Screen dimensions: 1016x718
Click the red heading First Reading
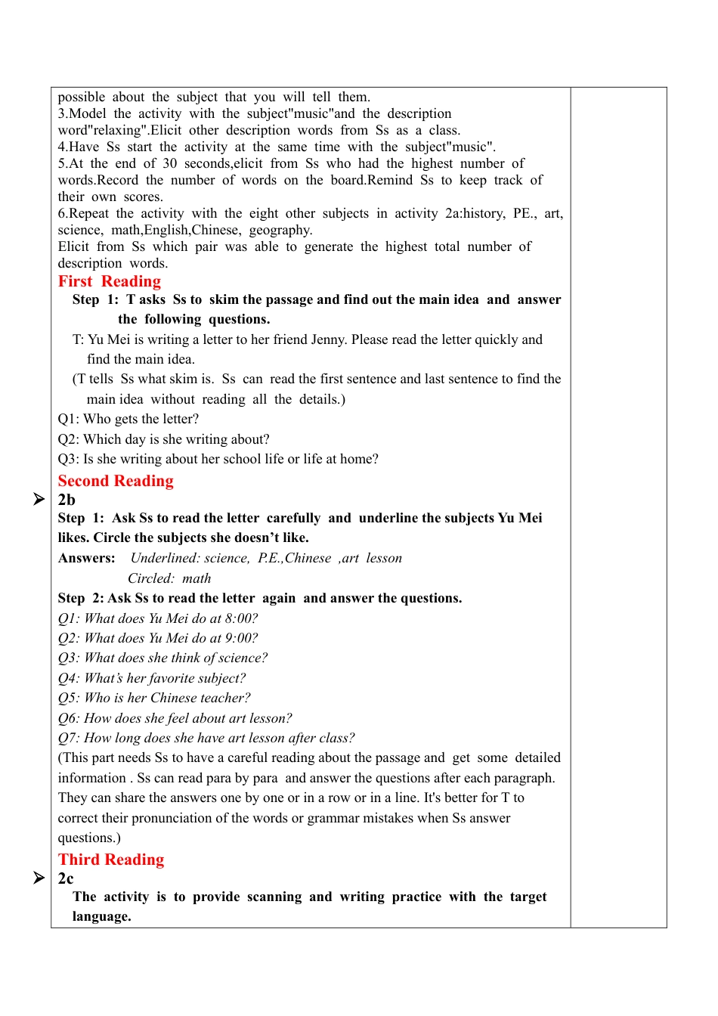[109, 281]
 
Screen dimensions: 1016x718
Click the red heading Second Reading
[116, 481]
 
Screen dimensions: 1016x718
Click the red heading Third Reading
[111, 860]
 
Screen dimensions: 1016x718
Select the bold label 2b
[67, 500]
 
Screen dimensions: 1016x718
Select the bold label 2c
[66, 878]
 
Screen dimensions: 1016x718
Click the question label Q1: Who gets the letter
[70, 419]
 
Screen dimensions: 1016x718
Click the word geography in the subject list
[280, 230]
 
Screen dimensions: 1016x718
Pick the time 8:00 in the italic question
[241, 618]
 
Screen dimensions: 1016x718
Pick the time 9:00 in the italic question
[241, 638]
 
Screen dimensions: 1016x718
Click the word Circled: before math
[150, 578]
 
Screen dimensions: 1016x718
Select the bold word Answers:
[86, 558]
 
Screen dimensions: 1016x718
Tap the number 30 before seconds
[169, 163]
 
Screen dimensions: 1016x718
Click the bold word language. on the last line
[101, 916]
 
